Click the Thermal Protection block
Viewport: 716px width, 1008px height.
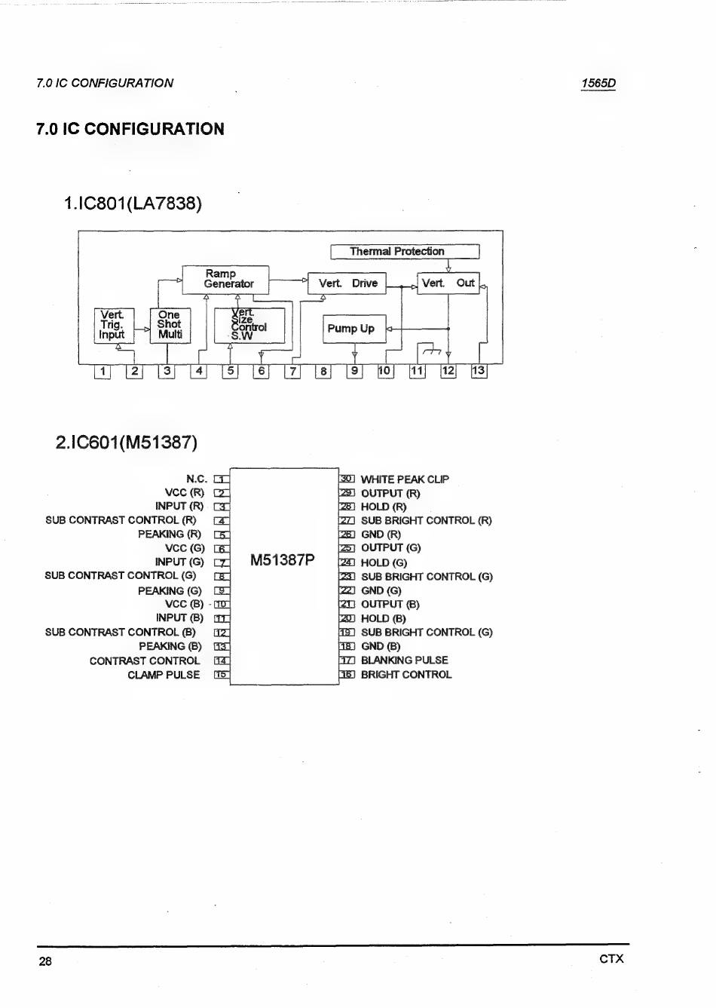[x=405, y=252]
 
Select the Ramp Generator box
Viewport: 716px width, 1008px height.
[x=225, y=279]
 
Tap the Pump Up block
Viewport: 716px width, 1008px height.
[x=353, y=329]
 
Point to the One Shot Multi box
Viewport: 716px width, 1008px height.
[x=169, y=325]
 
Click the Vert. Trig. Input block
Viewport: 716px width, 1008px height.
[x=114, y=325]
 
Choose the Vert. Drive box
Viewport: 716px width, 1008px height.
[x=347, y=283]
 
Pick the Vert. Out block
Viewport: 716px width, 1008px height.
[x=448, y=283]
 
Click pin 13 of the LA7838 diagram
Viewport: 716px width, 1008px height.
[x=479, y=371]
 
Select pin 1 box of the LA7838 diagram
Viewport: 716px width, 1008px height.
[x=103, y=371]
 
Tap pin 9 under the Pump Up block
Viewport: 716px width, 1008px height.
[x=353, y=371]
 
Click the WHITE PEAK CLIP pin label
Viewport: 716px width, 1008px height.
[x=405, y=479]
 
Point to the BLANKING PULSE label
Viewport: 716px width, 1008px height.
[x=404, y=660]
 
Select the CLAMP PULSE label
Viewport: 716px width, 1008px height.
[x=164, y=675]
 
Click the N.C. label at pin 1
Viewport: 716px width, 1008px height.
[x=197, y=479]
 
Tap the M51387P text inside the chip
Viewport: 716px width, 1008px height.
[x=283, y=560]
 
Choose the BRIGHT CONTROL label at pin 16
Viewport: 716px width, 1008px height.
[x=406, y=675]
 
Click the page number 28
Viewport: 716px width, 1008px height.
[x=45, y=961]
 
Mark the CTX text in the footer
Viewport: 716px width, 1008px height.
[x=611, y=959]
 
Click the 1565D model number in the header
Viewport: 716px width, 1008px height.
[x=598, y=84]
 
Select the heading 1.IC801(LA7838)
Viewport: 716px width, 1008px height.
[x=133, y=204]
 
